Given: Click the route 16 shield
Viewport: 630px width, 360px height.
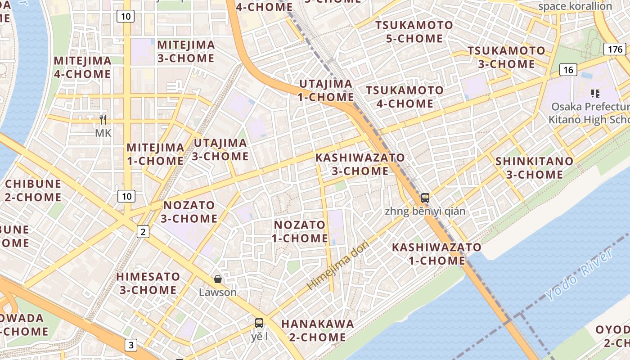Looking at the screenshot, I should click(x=568, y=69).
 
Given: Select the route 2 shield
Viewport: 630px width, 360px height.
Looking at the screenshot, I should click(x=143, y=232).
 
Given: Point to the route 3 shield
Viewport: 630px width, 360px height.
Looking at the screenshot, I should click(x=131, y=345).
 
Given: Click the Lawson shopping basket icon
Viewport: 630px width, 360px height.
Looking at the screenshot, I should click(x=218, y=279).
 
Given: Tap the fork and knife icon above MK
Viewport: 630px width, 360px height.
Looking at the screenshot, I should click(x=103, y=120).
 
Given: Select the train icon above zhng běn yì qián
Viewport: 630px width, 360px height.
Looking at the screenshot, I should click(x=425, y=198).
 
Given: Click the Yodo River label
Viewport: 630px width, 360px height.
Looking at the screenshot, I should click(x=572, y=282).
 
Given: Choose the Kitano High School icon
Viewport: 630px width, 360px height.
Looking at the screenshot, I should click(x=595, y=94).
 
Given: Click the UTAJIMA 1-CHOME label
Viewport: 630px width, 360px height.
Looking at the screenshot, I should click(x=326, y=90).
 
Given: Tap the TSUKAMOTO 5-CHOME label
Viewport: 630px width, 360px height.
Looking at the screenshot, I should click(x=414, y=31).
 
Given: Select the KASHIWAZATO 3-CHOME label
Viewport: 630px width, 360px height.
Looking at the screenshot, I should click(x=360, y=164).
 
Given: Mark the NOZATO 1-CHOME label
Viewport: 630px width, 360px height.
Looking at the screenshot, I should click(x=300, y=231).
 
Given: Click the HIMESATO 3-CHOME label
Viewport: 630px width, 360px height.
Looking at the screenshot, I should click(x=148, y=283).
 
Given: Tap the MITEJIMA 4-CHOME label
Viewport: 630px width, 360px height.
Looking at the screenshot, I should click(x=82, y=67).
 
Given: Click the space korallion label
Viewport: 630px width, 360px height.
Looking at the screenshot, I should click(x=575, y=6).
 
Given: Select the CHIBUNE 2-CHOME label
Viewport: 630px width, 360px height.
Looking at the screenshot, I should click(x=33, y=190).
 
